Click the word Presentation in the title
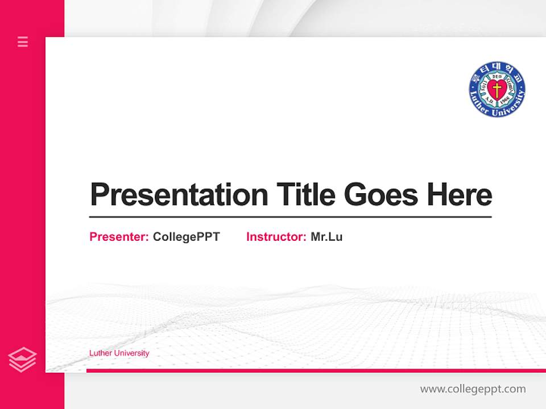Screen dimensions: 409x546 (x=179, y=195)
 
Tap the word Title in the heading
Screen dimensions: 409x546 (x=305, y=195)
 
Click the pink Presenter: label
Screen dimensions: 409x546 (x=119, y=237)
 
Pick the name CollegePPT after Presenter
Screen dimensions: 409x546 (x=186, y=237)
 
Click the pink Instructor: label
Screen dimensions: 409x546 (x=276, y=237)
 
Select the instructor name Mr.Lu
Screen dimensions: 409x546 (x=326, y=237)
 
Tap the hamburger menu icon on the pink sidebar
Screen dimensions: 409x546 (x=23, y=41)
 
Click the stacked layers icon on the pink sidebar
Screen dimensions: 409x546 (x=23, y=360)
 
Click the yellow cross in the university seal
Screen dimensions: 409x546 (x=497, y=90)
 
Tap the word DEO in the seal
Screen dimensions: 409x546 (x=497, y=76)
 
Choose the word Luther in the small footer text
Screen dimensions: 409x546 (x=101, y=353)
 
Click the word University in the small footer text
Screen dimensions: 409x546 (x=131, y=353)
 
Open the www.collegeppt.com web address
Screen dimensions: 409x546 (x=473, y=389)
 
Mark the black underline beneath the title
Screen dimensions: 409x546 (x=290, y=216)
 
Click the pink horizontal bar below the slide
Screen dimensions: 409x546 (x=316, y=370)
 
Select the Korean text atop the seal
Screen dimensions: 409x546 (x=497, y=68)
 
